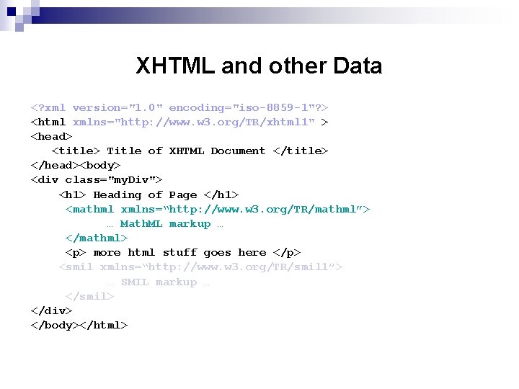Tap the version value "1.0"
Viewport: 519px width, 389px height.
point(151,107)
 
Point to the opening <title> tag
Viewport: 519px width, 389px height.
point(76,151)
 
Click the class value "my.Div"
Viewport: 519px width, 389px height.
point(135,179)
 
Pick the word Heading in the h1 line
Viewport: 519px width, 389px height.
point(117,194)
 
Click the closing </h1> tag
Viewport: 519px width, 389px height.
point(221,194)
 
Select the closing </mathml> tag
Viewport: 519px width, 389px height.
point(97,238)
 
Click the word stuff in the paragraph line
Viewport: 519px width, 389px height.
point(179,252)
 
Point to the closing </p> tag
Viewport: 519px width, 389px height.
point(287,252)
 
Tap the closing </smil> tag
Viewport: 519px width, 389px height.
point(89,296)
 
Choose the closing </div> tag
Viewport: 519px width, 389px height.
point(51,310)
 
